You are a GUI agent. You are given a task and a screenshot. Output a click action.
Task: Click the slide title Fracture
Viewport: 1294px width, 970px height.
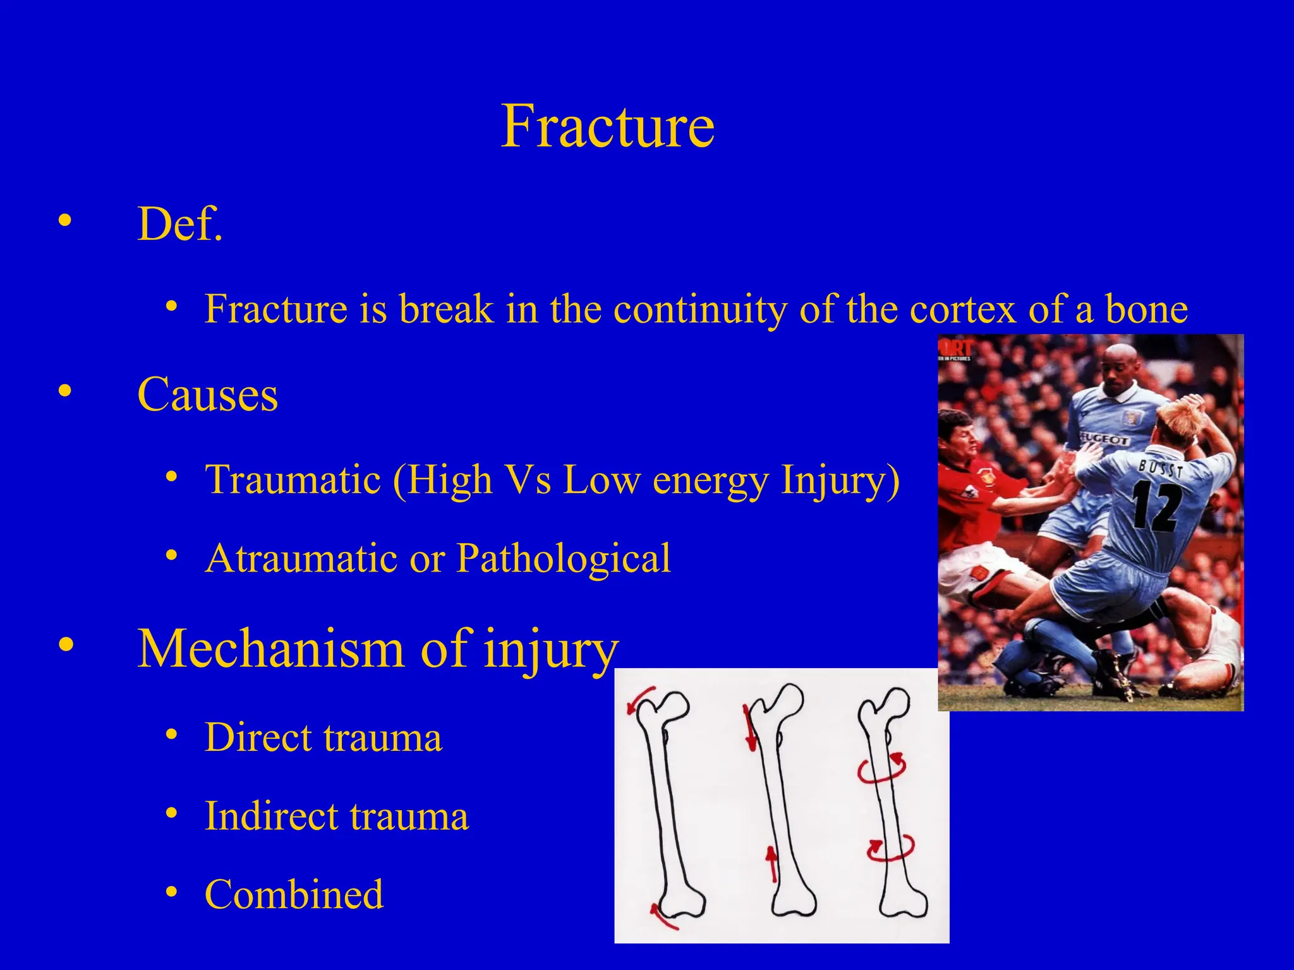(x=607, y=126)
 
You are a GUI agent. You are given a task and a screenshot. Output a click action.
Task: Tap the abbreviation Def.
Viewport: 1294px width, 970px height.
(x=180, y=224)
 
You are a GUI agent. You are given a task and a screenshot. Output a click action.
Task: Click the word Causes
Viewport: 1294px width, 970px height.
(x=207, y=395)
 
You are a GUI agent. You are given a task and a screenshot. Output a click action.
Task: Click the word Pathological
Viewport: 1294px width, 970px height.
(x=563, y=558)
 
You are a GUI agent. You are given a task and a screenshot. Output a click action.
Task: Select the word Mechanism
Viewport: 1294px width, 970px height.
(x=270, y=649)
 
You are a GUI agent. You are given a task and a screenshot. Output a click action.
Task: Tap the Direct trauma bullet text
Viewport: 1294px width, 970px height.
(x=323, y=738)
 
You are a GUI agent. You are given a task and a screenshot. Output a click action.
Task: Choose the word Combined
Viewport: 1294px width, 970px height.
(x=294, y=894)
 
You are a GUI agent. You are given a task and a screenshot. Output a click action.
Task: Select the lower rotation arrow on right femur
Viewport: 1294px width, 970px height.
(x=890, y=849)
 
